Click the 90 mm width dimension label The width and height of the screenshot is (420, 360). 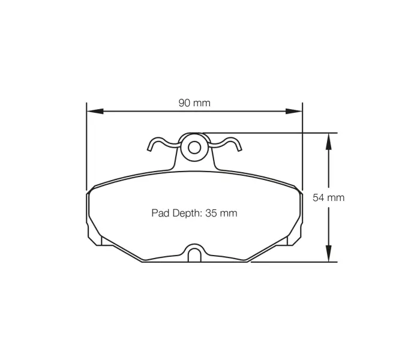coord(194,103)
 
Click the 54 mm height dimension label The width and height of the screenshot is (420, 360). coord(328,197)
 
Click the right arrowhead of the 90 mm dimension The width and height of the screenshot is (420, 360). coord(293,111)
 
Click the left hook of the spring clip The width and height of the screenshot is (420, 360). coord(155,144)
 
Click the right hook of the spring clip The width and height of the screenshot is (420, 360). coord(234,144)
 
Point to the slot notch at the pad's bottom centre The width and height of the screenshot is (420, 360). coord(194,254)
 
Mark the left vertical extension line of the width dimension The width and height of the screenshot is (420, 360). coord(87,150)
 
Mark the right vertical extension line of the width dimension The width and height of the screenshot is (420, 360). coord(302,150)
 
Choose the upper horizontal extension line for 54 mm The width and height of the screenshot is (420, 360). coord(270,133)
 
